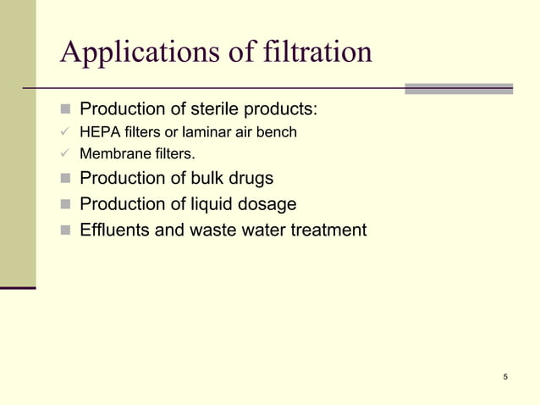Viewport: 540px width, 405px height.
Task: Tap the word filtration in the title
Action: [320, 53]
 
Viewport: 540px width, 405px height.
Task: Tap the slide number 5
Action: [505, 377]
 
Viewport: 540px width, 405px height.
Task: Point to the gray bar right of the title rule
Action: [458, 88]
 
